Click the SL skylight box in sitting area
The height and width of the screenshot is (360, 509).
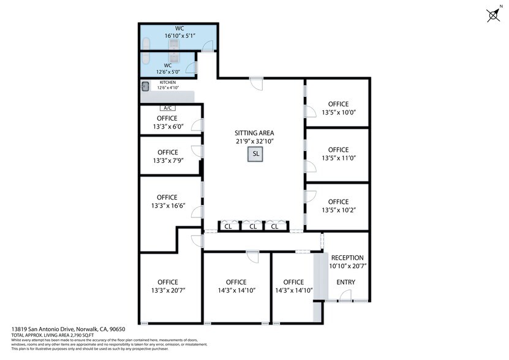pyautogui.click(x=254, y=154)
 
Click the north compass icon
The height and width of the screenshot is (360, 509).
pyautogui.click(x=493, y=15)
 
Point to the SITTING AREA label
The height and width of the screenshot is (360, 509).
pyautogui.click(x=254, y=133)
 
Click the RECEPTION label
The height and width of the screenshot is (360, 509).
pyautogui.click(x=347, y=258)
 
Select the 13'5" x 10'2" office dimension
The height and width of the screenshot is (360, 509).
pyautogui.click(x=338, y=210)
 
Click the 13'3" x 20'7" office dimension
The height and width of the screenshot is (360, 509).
pyautogui.click(x=167, y=291)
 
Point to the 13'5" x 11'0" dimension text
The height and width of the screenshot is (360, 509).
pyautogui.click(x=338, y=158)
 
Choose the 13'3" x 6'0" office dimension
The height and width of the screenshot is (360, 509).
pyautogui.click(x=167, y=127)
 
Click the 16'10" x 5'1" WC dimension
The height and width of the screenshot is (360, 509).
pyautogui.click(x=179, y=36)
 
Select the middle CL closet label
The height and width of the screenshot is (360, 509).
pyautogui.click(x=251, y=227)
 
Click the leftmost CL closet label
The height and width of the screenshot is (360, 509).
pyautogui.click(x=228, y=227)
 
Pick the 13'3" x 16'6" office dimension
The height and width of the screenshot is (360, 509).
pyautogui.click(x=167, y=206)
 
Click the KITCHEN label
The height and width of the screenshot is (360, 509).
pyautogui.click(x=167, y=82)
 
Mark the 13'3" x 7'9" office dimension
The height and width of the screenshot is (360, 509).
pyautogui.click(x=167, y=161)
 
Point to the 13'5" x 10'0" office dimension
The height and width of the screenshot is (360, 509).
pyautogui.click(x=338, y=112)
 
